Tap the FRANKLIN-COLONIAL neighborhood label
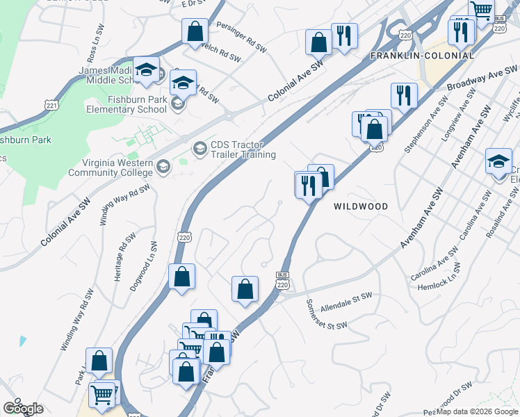(x=422, y=56)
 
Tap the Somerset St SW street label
(x=326, y=316)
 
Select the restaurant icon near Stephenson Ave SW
(x=403, y=95)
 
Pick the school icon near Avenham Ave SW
(x=498, y=162)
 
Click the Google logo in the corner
(x=23, y=409)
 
